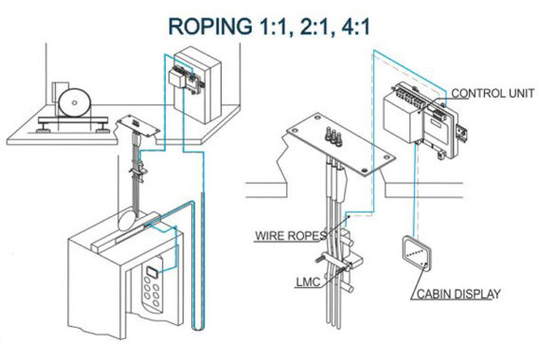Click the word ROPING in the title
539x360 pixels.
(x=210, y=27)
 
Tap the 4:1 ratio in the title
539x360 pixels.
(x=355, y=27)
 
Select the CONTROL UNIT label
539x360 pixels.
(x=493, y=93)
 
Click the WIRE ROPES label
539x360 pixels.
(x=291, y=236)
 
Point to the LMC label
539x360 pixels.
(x=308, y=282)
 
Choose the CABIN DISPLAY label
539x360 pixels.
(x=458, y=294)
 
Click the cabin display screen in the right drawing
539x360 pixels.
(x=417, y=253)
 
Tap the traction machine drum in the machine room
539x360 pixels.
(x=75, y=102)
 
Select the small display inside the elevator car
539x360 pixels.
(x=152, y=272)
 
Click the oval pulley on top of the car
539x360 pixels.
(x=127, y=220)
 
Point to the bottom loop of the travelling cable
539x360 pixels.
(x=198, y=328)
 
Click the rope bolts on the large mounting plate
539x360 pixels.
(x=332, y=136)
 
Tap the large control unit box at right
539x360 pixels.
(x=404, y=116)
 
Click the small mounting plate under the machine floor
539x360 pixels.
(x=138, y=125)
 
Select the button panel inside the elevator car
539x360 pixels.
(x=152, y=285)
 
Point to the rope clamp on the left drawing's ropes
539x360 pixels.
(x=138, y=171)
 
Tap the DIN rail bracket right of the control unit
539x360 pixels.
(x=461, y=131)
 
